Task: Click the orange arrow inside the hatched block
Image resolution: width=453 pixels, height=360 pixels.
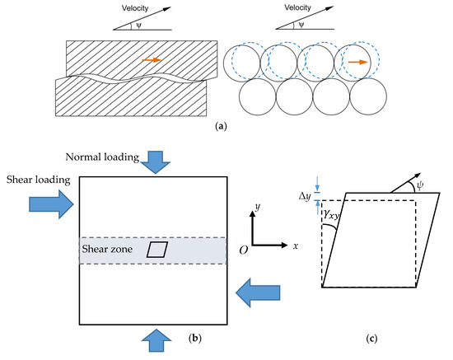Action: click(151, 60)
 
